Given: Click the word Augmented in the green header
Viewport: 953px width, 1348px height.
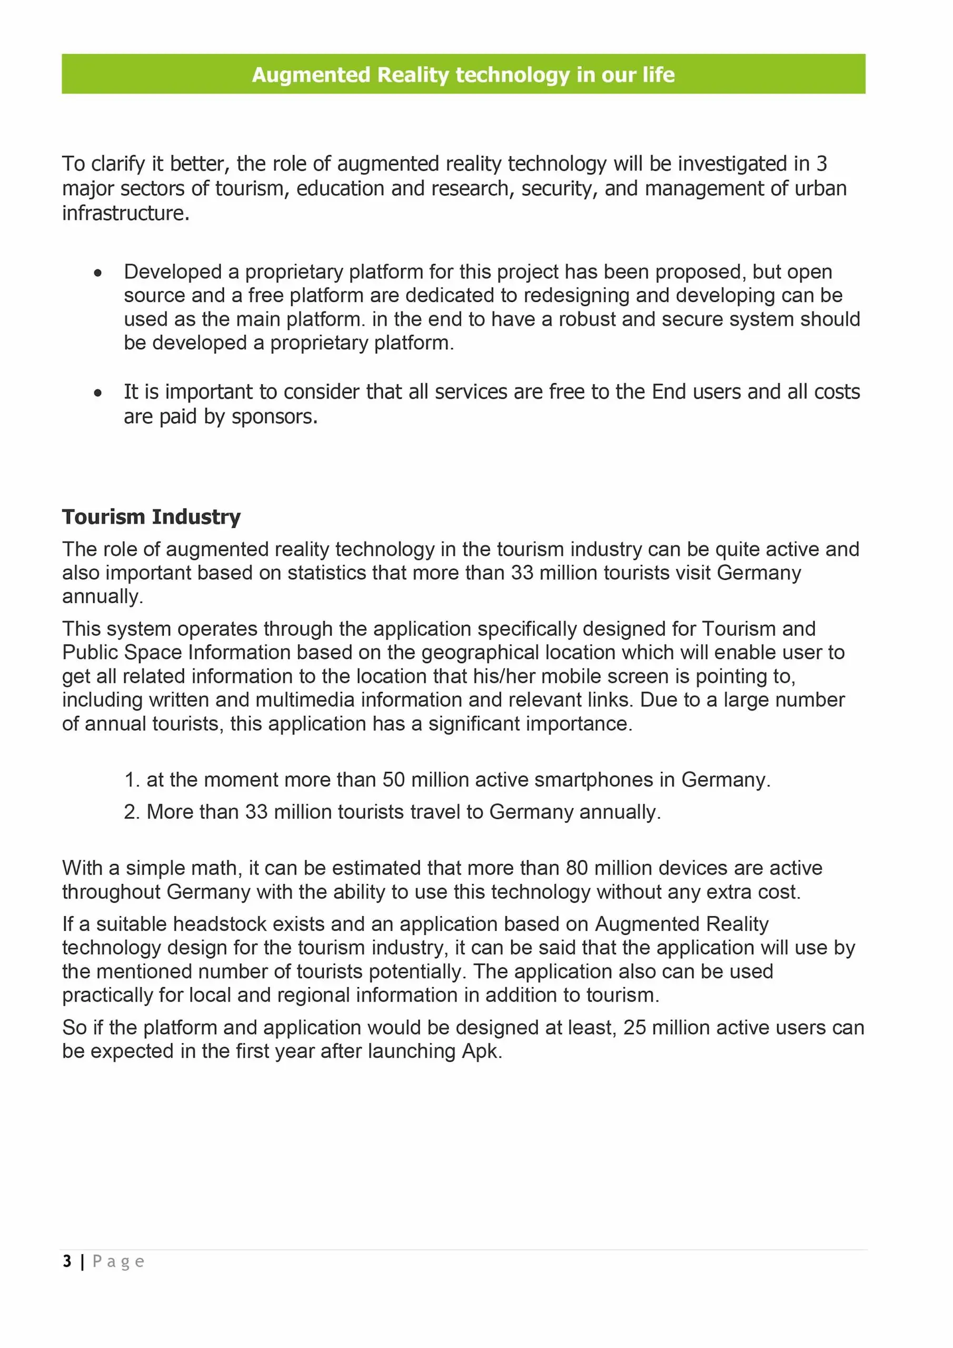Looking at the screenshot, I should coord(311,75).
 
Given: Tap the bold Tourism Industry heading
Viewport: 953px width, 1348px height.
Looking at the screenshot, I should coord(152,517).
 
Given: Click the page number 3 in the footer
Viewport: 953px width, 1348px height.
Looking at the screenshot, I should coord(67,1261).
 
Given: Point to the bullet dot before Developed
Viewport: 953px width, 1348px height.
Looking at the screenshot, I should coord(98,273).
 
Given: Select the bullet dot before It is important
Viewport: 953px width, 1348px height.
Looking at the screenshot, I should coord(98,393).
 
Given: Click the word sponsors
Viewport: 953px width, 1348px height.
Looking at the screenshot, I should coord(274,417).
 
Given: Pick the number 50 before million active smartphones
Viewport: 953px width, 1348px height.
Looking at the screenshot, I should coord(394,780).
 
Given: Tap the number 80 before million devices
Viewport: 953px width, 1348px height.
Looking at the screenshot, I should coord(577,868).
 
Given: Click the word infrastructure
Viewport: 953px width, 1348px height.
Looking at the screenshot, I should coord(126,213).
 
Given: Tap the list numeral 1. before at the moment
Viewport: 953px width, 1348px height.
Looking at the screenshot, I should coord(132,780).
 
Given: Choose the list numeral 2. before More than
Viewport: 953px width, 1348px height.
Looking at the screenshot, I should coord(132,812).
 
